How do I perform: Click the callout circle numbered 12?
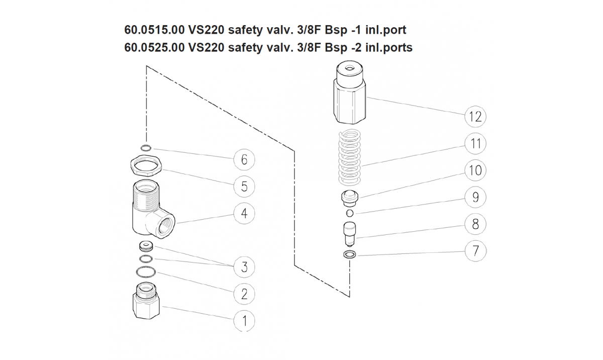tap(475, 117)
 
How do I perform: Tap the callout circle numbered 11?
tap(475, 144)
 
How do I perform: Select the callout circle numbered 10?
tap(475, 170)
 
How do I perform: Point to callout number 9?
tap(475, 197)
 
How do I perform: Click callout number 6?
tap(244, 160)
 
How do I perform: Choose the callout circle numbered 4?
tap(244, 213)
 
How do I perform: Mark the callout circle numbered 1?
tap(244, 320)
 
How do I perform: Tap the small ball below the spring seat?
tap(350, 213)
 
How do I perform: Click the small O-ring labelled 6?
tap(146, 148)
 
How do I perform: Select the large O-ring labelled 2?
tap(146, 273)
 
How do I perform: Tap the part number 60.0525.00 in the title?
tap(154, 48)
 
